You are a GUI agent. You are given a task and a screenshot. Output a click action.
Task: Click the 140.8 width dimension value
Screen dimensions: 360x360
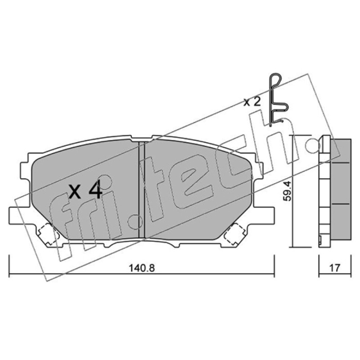click(142, 268)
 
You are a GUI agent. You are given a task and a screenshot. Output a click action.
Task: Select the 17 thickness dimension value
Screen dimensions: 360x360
click(334, 268)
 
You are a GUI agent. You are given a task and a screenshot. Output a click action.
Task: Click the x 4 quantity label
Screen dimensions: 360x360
click(85, 189)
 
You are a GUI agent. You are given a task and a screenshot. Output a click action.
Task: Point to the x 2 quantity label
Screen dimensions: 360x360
click(252, 102)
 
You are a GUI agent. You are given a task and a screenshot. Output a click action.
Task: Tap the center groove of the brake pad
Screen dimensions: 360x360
click(142, 189)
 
